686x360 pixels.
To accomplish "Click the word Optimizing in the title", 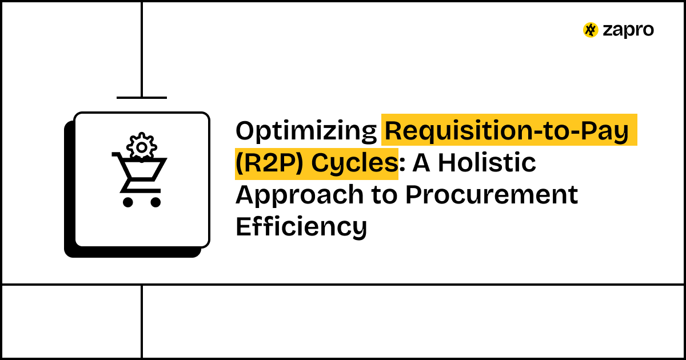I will (305, 131).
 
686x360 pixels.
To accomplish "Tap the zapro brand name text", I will (628, 30).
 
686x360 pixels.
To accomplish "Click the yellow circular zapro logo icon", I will (591, 30).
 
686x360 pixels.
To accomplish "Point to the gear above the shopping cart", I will (141, 147).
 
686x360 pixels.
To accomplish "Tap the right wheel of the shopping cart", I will (155, 201).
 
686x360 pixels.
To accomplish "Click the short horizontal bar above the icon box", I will (142, 98).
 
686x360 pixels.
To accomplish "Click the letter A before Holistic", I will (422, 163).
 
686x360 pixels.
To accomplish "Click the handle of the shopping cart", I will (117, 154).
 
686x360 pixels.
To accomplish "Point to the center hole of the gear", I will (141, 147).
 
